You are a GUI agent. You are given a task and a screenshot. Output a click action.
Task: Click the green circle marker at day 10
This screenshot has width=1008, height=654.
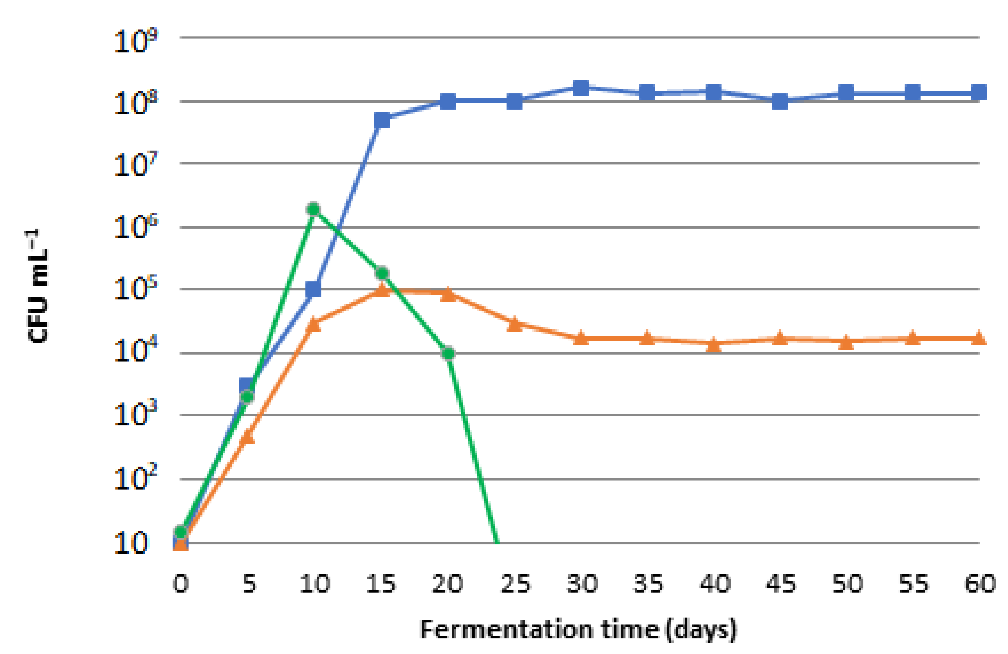pyautogui.click(x=313, y=209)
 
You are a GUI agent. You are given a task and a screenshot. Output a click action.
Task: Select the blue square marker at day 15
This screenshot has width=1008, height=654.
pyautogui.click(x=382, y=120)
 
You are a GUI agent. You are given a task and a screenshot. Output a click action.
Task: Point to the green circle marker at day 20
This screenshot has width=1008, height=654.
pyautogui.click(x=448, y=353)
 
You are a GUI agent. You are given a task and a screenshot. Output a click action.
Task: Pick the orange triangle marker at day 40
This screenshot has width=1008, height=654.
pyautogui.click(x=714, y=345)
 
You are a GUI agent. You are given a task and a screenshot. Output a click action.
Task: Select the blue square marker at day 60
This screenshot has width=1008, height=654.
pyautogui.click(x=979, y=92)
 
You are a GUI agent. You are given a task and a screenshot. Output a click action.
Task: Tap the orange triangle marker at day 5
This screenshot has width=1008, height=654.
pyautogui.click(x=247, y=437)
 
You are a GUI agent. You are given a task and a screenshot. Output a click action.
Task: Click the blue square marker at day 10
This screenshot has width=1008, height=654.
pyautogui.click(x=313, y=290)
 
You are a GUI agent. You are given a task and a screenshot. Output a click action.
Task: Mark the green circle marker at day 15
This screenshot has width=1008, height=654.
pyautogui.click(x=382, y=274)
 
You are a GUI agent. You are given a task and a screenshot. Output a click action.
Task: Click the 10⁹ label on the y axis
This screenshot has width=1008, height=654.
pyautogui.click(x=135, y=41)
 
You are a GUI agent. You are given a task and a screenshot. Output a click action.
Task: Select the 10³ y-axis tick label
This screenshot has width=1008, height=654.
pyautogui.click(x=135, y=413)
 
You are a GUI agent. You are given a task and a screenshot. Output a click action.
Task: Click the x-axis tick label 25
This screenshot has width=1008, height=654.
pyautogui.click(x=516, y=584)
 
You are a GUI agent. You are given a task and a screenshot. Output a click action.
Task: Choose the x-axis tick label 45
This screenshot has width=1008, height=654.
pyautogui.click(x=781, y=584)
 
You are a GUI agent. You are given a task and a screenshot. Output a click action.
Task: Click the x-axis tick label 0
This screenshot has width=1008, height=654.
pyautogui.click(x=181, y=584)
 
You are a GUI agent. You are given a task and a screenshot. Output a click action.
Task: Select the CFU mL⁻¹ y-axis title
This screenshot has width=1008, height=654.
pyautogui.click(x=37, y=286)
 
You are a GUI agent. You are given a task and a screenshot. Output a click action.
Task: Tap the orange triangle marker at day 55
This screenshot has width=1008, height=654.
pyautogui.click(x=913, y=339)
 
